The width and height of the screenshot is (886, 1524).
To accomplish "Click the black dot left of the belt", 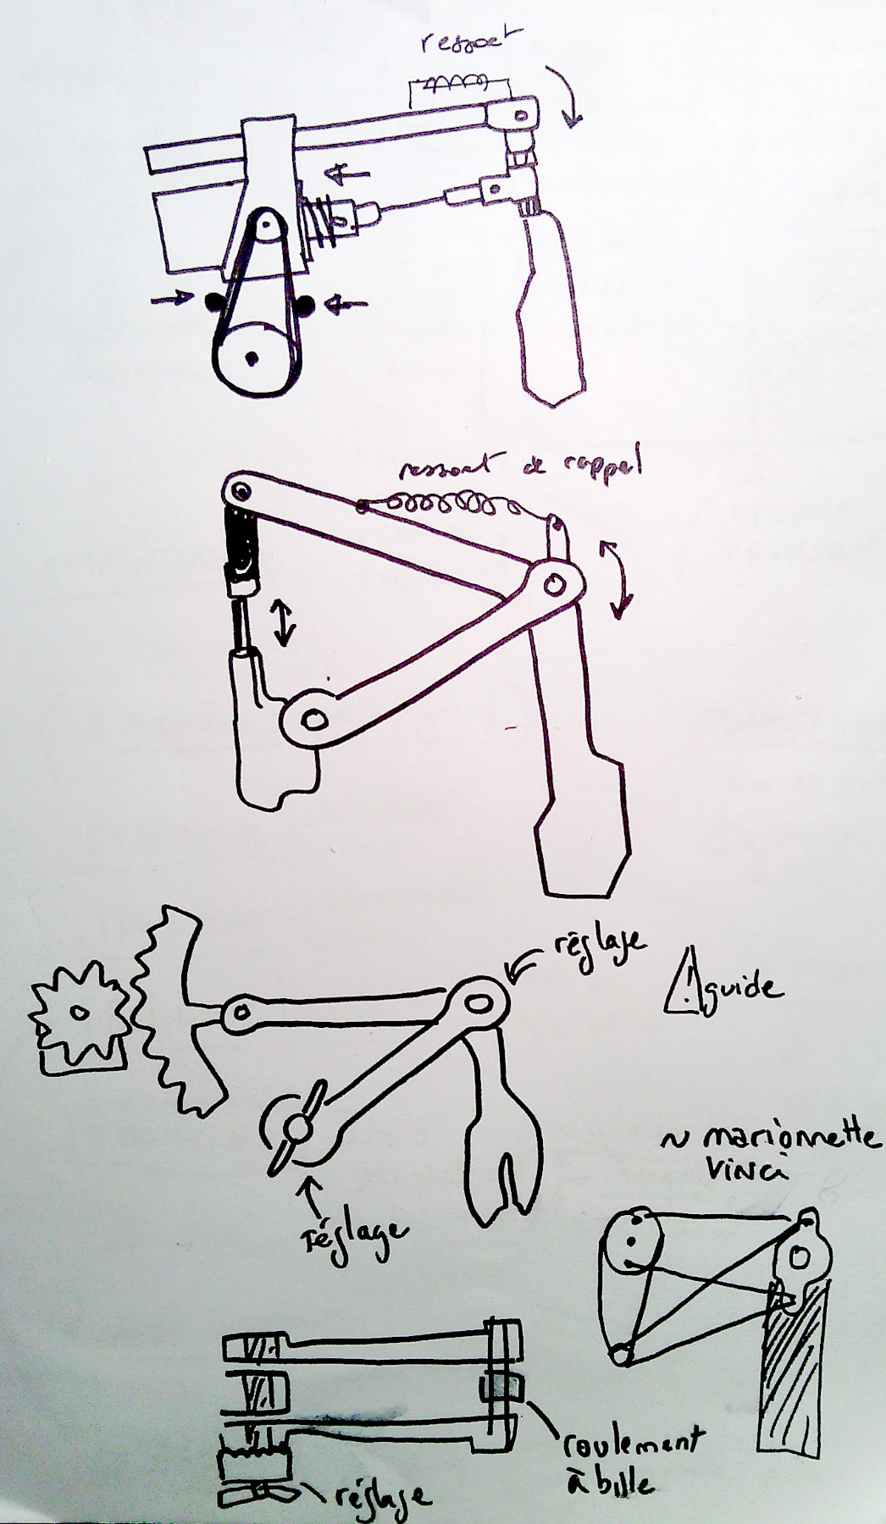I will click(209, 301).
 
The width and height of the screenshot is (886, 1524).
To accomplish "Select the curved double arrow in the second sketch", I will click(616, 576).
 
